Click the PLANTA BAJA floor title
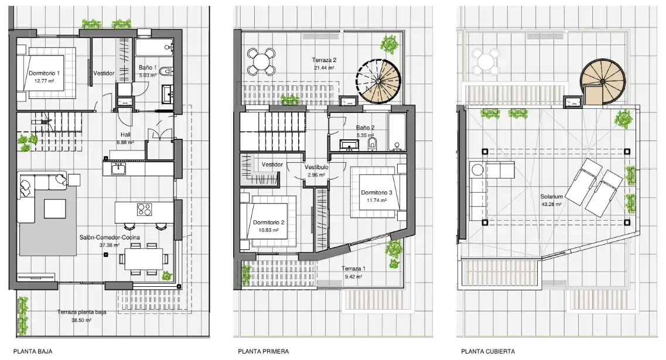[33, 351]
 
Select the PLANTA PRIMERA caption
[264, 351]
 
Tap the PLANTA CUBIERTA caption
[488, 351]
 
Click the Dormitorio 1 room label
[44, 73]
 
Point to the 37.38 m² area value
[110, 245]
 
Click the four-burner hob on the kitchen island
[145, 210]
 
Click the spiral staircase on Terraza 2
[378, 81]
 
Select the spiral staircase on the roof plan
[603, 81]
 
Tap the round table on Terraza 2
[261, 61]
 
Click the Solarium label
[551, 197]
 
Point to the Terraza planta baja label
[81, 312]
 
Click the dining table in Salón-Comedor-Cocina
[144, 259]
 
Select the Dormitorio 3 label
[377, 193]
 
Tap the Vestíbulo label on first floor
[316, 167]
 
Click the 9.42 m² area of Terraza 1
[353, 277]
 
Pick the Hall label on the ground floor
[125, 135]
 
